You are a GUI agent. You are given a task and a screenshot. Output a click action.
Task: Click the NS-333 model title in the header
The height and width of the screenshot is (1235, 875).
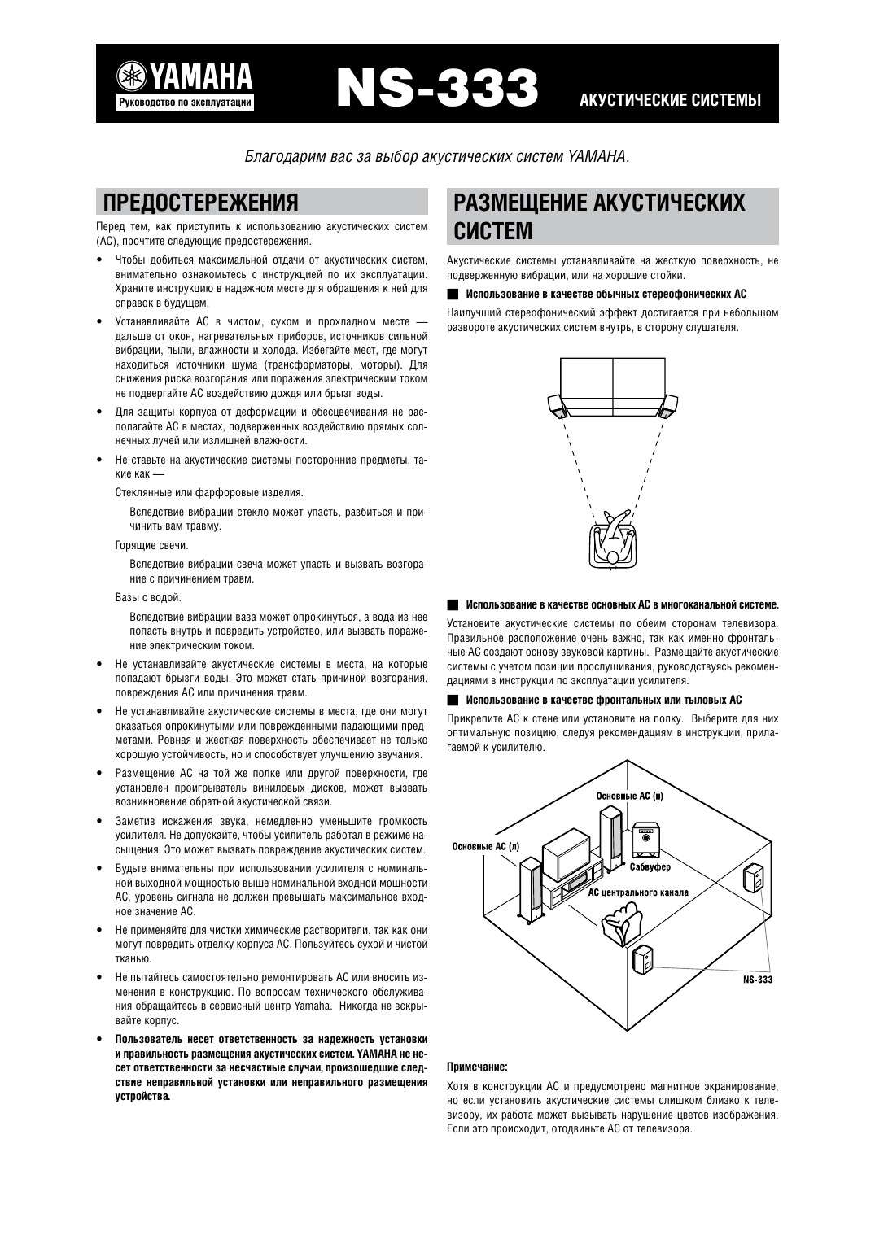[x=438, y=87]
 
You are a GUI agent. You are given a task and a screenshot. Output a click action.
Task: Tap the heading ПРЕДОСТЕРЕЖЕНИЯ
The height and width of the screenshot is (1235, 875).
[x=197, y=202]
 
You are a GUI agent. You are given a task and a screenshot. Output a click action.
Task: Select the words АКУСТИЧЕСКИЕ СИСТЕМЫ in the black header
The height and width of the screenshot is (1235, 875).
[x=670, y=101]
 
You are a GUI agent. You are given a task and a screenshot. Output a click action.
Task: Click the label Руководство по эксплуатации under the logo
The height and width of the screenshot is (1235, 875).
[x=186, y=103]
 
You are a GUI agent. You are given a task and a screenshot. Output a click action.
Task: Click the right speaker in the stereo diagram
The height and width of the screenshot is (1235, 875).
[x=669, y=404]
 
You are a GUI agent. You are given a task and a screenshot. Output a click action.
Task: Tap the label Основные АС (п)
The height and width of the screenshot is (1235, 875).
[x=629, y=795]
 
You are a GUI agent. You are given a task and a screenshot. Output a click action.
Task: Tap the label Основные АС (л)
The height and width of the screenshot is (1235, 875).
[x=485, y=846]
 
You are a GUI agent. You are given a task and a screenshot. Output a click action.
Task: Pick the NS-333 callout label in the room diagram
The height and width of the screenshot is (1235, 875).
[x=758, y=980]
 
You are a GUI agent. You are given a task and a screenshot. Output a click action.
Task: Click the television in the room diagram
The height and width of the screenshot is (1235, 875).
[x=567, y=854]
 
